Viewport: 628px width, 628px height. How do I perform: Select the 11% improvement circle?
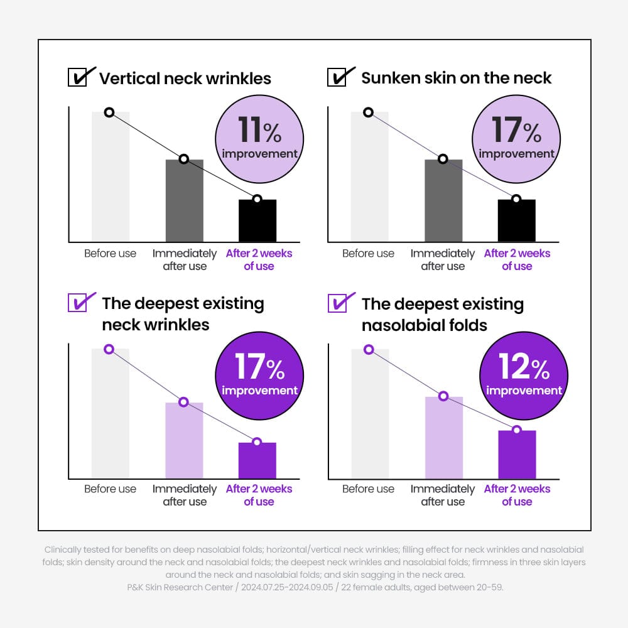coord(259,139)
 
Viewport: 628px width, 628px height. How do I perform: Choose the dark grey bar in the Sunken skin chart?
coord(443,200)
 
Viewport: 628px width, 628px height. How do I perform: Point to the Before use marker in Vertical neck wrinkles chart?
coord(109,112)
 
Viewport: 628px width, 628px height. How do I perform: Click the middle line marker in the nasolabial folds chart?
coord(443,396)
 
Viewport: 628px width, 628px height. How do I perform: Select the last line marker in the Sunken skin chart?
coord(516,199)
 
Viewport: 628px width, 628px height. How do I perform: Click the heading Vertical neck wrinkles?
coord(185,78)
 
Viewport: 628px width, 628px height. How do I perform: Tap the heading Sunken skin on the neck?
coord(457,78)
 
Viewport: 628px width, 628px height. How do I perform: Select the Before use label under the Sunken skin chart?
coord(369,254)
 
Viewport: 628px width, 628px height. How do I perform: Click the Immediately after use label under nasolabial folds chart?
coord(443,495)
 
